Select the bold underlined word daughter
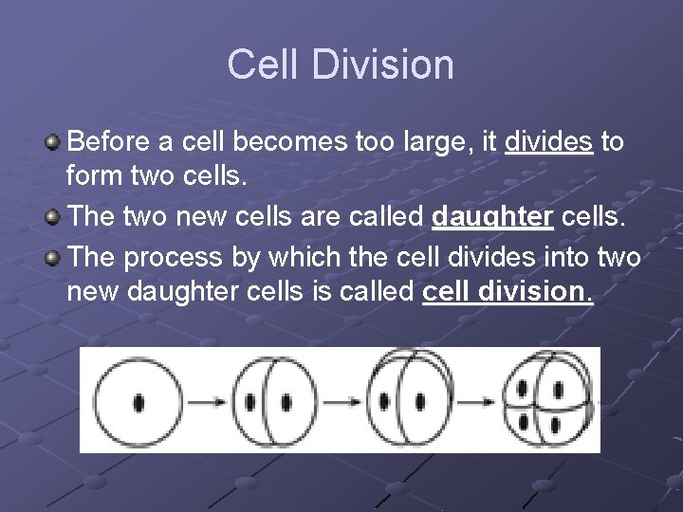click(x=492, y=216)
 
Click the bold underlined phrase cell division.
click(x=507, y=290)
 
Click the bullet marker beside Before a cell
click(x=52, y=143)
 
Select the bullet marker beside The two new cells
click(x=52, y=216)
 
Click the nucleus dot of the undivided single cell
click(x=139, y=401)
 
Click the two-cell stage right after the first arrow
click(x=268, y=401)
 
